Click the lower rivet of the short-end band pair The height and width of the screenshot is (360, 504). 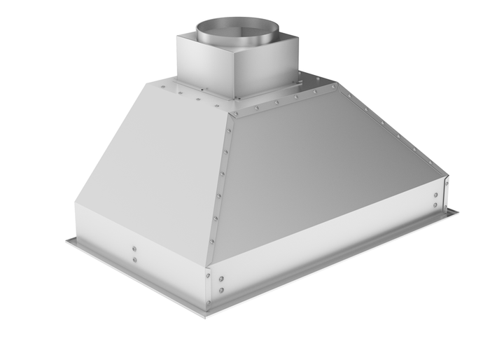click(x=134, y=259)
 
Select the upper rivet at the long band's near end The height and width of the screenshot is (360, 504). click(x=222, y=277)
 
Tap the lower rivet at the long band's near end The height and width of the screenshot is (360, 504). click(x=222, y=289)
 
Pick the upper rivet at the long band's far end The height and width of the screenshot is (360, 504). click(x=436, y=195)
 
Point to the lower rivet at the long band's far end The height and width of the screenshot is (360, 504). click(x=436, y=205)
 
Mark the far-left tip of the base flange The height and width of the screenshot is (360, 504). click(x=67, y=240)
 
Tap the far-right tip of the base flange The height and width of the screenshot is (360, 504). click(x=458, y=210)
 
